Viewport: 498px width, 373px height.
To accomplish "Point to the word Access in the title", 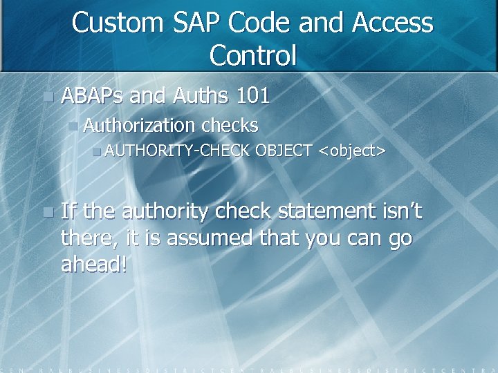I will click(392, 23).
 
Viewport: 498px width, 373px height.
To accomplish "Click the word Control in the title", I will click(252, 55).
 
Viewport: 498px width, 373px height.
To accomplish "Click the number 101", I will click(252, 95).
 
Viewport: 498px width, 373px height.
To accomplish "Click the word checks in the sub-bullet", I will click(230, 126).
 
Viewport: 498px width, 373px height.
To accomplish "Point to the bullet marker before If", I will click(46, 212).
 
